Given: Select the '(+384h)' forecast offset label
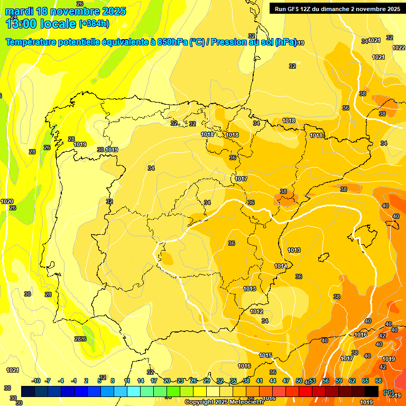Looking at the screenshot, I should pos(94,24).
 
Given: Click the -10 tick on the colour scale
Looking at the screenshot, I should pos(36,381).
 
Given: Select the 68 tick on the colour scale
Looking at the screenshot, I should pos(379,381).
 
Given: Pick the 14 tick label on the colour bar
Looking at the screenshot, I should pos(141,381).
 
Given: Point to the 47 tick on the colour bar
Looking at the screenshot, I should pos(286,381).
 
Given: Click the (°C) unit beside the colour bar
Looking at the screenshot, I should pos(389,392).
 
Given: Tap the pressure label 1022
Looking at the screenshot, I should pos(399,48).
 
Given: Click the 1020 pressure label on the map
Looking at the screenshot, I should pos(7,201).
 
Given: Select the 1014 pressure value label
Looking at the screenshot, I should pos(281,266).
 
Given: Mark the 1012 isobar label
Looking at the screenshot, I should pos(257,312).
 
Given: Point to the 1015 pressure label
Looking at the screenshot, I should pos(265,355).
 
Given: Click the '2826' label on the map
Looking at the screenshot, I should pos(80,339).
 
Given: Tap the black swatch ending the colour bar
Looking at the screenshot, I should pos(372,391).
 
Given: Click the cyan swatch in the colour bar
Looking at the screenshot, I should pos(134,391).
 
